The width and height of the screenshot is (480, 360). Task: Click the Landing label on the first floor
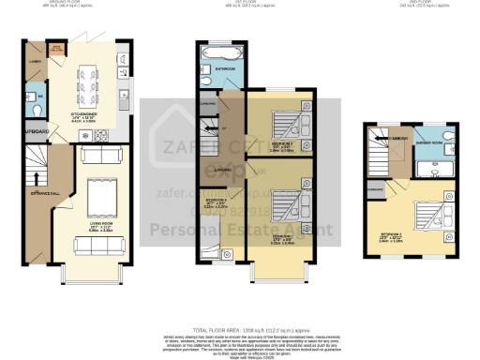click(x=222, y=169)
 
